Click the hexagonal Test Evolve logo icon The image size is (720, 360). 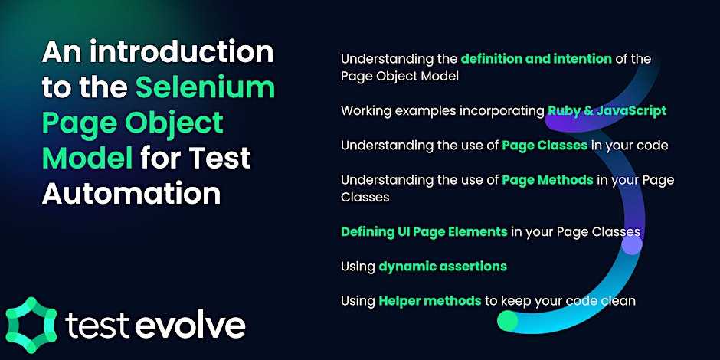click(31, 325)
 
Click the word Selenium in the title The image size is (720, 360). click(205, 87)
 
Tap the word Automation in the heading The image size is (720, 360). click(131, 193)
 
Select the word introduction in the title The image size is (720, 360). click(182, 52)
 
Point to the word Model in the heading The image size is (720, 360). click(87, 158)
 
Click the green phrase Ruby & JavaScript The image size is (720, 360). click(607, 110)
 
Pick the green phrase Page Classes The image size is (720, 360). click(545, 146)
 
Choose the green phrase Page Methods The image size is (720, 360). click(548, 180)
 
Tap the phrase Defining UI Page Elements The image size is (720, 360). click(424, 231)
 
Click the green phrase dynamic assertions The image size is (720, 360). click(443, 266)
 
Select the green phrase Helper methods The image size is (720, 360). click(430, 301)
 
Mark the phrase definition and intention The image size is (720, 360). click(536, 59)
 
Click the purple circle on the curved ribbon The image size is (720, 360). click(632, 245)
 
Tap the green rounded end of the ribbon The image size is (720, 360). click(508, 320)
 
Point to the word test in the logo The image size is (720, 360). click(98, 326)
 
